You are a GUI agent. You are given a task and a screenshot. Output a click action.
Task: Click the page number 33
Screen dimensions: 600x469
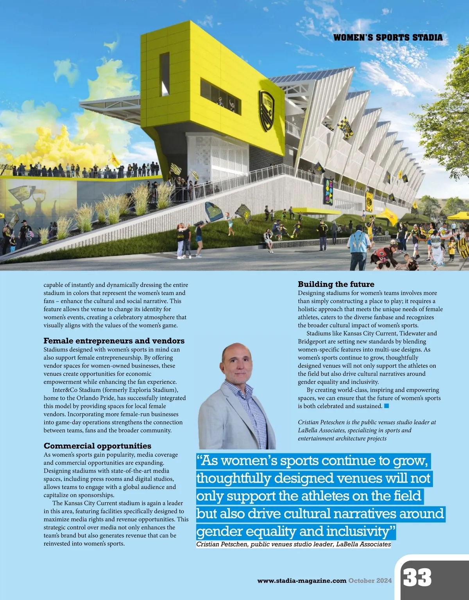[x=417, y=577]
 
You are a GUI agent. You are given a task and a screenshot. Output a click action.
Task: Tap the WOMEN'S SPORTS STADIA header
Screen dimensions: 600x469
[x=388, y=38]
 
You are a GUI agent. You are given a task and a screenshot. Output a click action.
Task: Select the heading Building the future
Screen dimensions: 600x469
[x=336, y=284]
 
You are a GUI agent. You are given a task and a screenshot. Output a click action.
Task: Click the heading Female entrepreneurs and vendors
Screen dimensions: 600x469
[x=114, y=341]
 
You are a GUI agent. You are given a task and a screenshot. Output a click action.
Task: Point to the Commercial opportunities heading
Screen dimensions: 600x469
[x=97, y=446]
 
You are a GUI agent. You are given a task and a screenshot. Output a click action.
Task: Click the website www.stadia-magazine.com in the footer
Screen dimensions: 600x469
[x=302, y=581]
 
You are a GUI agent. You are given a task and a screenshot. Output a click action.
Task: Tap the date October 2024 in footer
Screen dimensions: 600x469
[x=370, y=581]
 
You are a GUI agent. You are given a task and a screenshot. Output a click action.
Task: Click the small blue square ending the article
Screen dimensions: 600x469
[x=387, y=406]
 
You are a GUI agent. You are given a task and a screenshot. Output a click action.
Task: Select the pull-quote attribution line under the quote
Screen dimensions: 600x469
[x=293, y=544]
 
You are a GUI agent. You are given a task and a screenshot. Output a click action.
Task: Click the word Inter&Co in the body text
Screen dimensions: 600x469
[x=65, y=390]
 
